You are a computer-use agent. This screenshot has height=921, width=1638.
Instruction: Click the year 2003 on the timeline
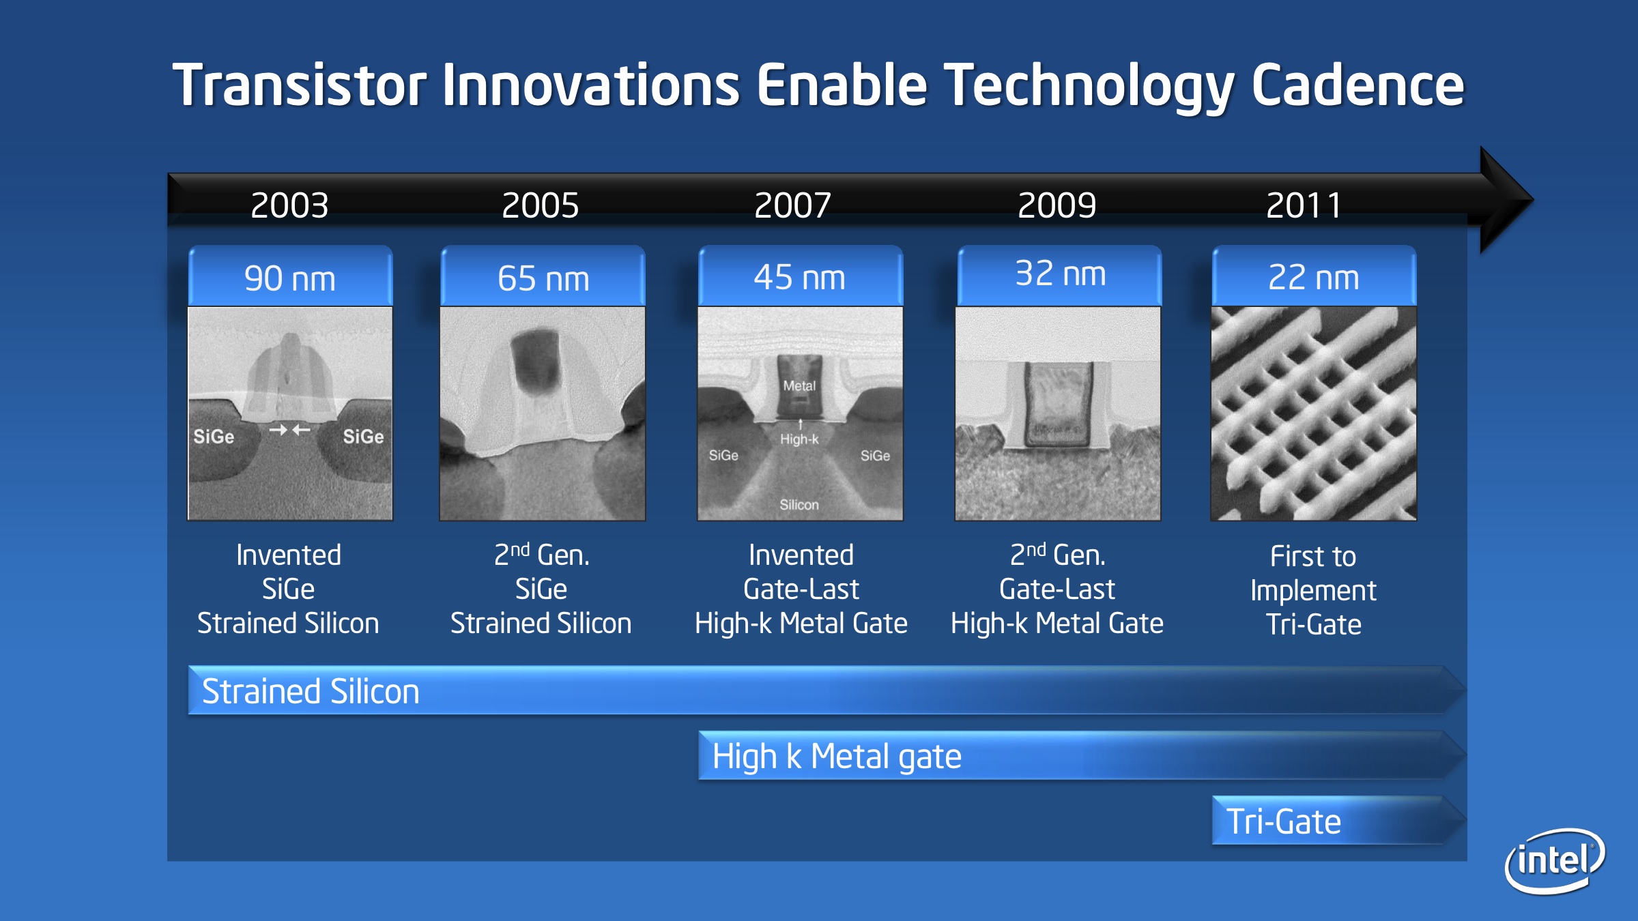click(289, 205)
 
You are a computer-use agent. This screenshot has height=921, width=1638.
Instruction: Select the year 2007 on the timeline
click(792, 205)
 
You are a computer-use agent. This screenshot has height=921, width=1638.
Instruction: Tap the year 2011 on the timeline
click(1304, 205)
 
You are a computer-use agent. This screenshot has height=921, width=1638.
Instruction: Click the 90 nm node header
click(290, 276)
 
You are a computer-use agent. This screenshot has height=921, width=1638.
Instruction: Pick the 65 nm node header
click(543, 276)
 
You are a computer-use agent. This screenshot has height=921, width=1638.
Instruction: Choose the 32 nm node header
click(1060, 275)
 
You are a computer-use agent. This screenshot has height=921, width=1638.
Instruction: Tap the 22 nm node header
click(1314, 276)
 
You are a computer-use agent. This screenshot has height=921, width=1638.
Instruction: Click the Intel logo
click(1555, 860)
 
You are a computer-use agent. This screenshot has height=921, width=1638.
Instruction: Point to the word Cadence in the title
click(1357, 85)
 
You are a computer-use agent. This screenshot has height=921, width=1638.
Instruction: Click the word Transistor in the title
click(300, 85)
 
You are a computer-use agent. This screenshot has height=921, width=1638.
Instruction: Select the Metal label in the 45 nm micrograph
click(799, 386)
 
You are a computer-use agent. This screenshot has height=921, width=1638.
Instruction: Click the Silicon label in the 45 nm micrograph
click(799, 505)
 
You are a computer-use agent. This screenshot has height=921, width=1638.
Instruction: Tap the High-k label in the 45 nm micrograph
click(799, 439)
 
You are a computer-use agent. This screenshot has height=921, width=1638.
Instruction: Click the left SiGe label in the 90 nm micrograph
click(214, 437)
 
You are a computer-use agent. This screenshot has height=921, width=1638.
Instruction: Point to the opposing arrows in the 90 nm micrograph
click(289, 430)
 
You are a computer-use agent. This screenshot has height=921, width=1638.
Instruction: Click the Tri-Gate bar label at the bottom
click(1284, 821)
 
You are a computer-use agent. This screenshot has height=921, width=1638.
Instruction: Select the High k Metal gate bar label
click(837, 757)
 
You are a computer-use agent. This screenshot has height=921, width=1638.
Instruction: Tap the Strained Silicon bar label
click(311, 691)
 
